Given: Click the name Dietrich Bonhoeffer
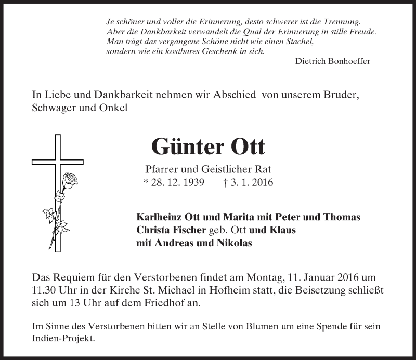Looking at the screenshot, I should pyautogui.click(x=332, y=61).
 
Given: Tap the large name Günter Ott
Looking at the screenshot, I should pyautogui.click(x=208, y=147).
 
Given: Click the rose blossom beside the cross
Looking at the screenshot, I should pyautogui.click(x=70, y=180).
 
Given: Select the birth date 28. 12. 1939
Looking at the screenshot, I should pyautogui.click(x=174, y=182).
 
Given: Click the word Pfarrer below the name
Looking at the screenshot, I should pyautogui.click(x=160, y=169).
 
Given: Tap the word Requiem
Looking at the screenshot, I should pyautogui.click(x=75, y=279).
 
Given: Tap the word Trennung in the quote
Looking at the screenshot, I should pyautogui.click(x=338, y=21).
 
